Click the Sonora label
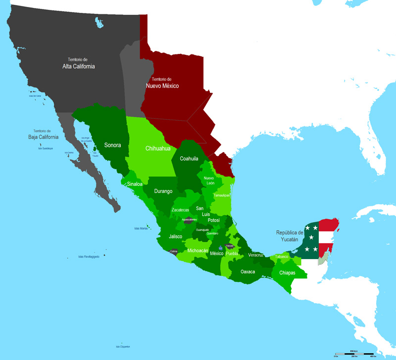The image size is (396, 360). pos(113,145)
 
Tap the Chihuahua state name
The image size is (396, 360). pos(158,148)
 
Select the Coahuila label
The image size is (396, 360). pos(189,159)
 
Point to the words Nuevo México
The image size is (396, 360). pos(162,86)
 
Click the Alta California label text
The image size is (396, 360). pos(78,66)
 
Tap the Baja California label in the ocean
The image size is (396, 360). pos(43,137)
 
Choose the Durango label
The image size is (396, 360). pos(163,191)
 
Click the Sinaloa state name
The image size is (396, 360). pos(135,184)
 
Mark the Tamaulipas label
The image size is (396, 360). pos(221,195)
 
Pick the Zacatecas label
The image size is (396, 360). pos(180,210)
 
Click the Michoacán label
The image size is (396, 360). pos(198,251)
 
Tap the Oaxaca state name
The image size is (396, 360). pos(247,271)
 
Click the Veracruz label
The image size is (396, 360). pos(255,255)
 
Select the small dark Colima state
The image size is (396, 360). pos(173,252)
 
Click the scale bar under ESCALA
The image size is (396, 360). pos(353,352)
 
